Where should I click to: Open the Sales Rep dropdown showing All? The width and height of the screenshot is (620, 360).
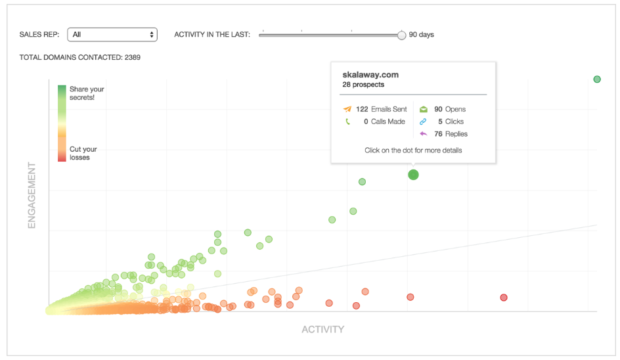pyautogui.click(x=112, y=35)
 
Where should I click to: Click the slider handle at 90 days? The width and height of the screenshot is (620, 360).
pyautogui.click(x=401, y=35)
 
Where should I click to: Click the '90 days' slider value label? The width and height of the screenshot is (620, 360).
pyautogui.click(x=421, y=35)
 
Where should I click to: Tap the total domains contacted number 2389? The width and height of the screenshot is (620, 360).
pyautogui.click(x=132, y=57)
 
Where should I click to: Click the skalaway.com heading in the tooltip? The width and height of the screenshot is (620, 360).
pyautogui.click(x=370, y=75)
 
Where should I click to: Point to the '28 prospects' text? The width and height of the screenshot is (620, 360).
pyautogui.click(x=363, y=85)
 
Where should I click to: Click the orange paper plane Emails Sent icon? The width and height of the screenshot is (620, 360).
pyautogui.click(x=347, y=109)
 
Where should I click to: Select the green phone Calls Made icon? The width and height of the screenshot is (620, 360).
pyautogui.click(x=347, y=122)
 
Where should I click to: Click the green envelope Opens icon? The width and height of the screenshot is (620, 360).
pyautogui.click(x=424, y=109)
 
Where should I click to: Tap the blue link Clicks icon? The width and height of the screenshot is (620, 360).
pyautogui.click(x=424, y=122)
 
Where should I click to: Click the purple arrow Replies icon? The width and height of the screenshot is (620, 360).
pyautogui.click(x=424, y=134)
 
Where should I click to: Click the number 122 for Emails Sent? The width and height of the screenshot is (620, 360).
pyautogui.click(x=362, y=109)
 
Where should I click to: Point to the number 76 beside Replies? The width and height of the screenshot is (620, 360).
pyautogui.click(x=438, y=134)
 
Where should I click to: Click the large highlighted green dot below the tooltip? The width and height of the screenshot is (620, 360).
pyautogui.click(x=413, y=174)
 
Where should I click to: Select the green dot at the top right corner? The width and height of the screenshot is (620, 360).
pyautogui.click(x=597, y=79)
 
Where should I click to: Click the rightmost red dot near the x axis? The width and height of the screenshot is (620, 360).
pyautogui.click(x=504, y=298)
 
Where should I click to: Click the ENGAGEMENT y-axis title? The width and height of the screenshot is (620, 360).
pyautogui.click(x=32, y=195)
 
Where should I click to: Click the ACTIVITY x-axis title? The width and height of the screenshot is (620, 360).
pyautogui.click(x=322, y=329)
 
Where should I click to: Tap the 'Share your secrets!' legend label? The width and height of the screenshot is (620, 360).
pyautogui.click(x=87, y=93)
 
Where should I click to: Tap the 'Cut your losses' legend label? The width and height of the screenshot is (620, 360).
pyautogui.click(x=83, y=153)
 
